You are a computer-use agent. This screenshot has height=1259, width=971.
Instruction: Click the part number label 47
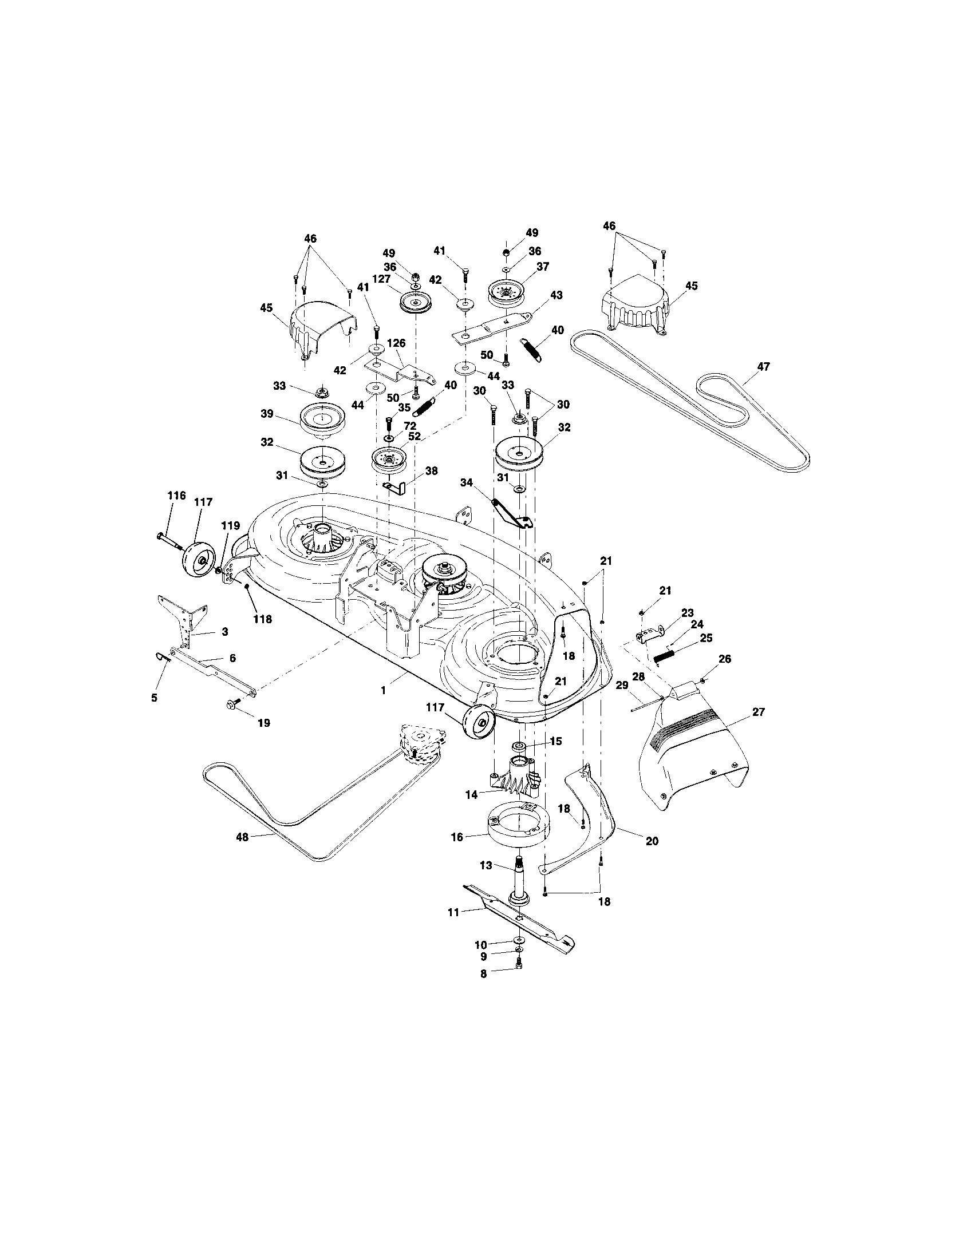coord(763,367)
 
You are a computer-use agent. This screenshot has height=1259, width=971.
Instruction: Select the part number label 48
coord(242,837)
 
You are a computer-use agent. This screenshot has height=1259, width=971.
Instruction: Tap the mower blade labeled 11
coord(518,916)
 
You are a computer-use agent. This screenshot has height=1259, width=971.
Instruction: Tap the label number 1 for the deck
coord(384,690)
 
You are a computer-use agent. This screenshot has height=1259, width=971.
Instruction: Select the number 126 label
coord(396,343)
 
